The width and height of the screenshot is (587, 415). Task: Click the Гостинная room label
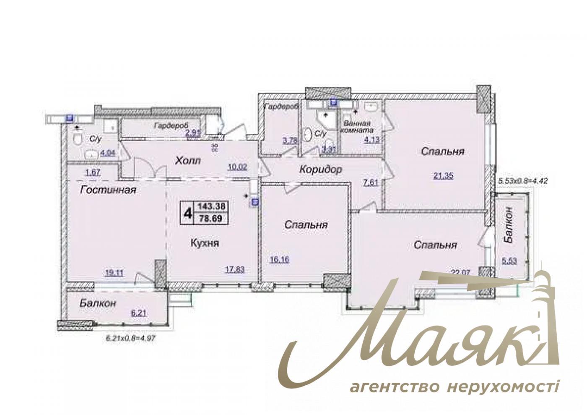[x=109, y=190]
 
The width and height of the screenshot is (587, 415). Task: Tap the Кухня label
[x=205, y=243]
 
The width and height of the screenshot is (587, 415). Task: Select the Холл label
[x=188, y=161]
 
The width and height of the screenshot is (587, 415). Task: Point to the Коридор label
[x=321, y=170]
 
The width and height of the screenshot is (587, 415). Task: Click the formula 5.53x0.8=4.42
[x=523, y=182]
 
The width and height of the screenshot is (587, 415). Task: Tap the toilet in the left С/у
[x=77, y=139]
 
